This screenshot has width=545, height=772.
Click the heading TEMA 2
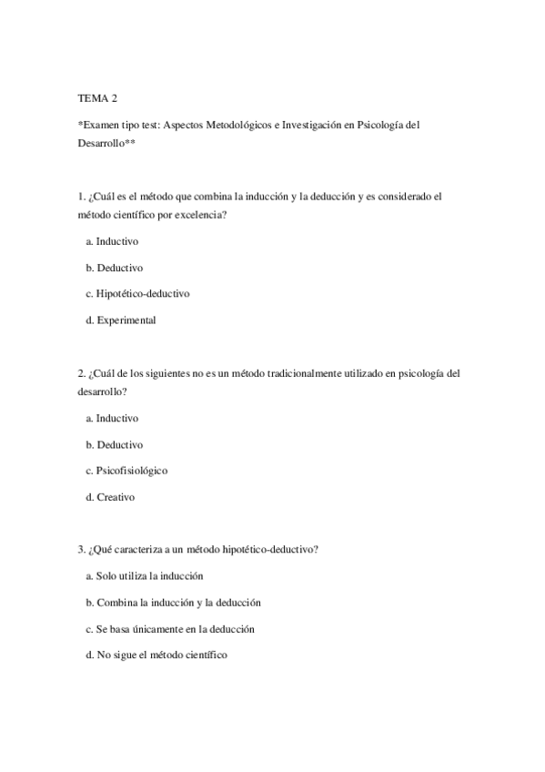point(97,98)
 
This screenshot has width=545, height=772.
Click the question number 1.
point(81,197)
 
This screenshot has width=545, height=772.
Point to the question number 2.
point(81,373)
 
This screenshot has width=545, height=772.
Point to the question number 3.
point(81,550)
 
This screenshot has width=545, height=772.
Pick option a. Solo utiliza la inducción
point(144,576)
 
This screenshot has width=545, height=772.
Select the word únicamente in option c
point(164,628)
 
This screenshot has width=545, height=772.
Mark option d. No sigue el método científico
point(156,655)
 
